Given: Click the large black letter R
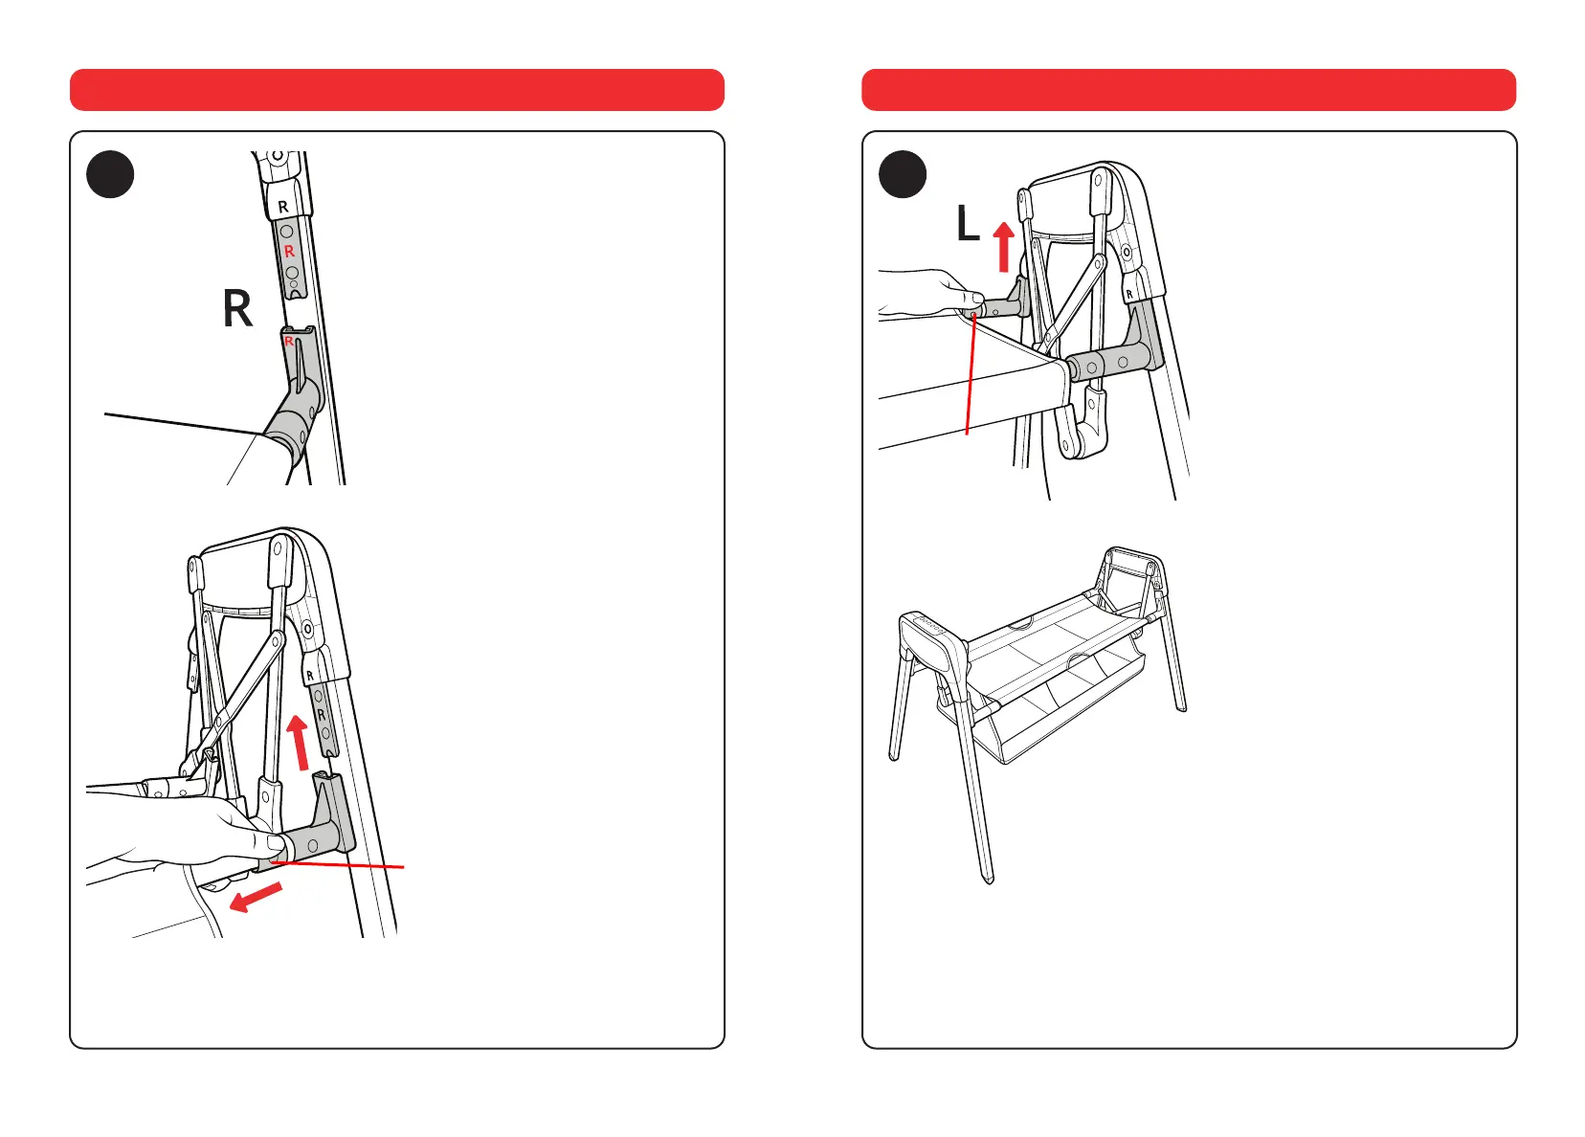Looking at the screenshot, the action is click(x=237, y=309).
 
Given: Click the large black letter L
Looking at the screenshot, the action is click(x=968, y=226).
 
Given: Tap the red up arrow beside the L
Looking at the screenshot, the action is click(x=1003, y=246).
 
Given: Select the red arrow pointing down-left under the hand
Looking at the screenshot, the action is click(x=257, y=899).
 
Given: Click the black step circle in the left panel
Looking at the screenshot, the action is click(x=110, y=175).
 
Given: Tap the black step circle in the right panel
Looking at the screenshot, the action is click(x=903, y=175).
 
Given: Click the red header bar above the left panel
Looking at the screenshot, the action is click(x=397, y=90).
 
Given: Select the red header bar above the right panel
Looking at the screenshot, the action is click(x=1189, y=90).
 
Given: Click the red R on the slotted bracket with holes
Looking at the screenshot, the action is click(x=289, y=252).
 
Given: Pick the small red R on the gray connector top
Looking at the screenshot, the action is click(x=289, y=341).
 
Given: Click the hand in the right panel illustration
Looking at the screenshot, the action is click(x=924, y=294).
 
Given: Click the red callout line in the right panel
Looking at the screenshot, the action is click(x=971, y=373).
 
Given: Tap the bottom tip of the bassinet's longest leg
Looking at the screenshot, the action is click(x=989, y=878).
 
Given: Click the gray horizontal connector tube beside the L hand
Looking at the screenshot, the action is click(x=1000, y=308).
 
